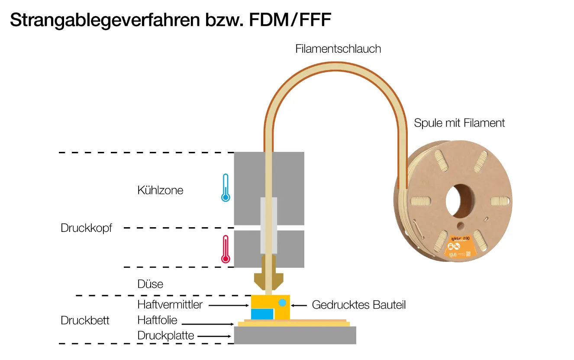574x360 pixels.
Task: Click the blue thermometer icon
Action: point(225,188)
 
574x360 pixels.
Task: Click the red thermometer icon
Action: point(225,250)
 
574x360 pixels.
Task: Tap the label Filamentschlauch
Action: point(338,49)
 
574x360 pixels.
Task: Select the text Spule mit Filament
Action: point(459,123)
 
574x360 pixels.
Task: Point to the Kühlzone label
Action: point(160,190)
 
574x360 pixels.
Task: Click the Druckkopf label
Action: point(86,228)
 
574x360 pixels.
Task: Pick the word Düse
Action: point(150,284)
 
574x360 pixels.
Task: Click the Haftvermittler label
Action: point(170,305)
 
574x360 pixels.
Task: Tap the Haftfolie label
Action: point(157,320)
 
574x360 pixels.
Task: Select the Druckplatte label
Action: point(165,335)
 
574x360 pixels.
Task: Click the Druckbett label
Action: point(85,321)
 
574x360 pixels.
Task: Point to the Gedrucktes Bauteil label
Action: point(359,305)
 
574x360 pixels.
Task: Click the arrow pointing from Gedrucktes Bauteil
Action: point(300,305)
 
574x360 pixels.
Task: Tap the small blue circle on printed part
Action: point(282,302)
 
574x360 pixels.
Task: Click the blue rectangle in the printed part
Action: point(262,315)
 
